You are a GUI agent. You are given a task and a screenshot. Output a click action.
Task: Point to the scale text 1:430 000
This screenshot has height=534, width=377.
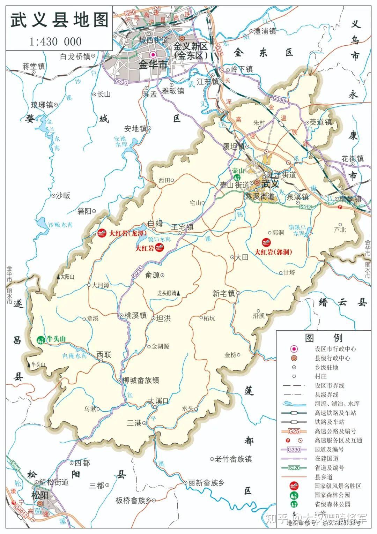click(56, 42)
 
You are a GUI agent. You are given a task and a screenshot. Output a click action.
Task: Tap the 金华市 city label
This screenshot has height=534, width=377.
click(153, 65)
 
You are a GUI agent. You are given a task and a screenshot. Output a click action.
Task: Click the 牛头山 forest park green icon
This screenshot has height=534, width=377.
click(41, 339)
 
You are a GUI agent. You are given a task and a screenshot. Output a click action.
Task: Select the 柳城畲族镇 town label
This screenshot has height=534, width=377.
click(141, 380)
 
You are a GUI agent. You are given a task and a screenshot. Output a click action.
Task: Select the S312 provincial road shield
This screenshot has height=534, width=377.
click(305, 207)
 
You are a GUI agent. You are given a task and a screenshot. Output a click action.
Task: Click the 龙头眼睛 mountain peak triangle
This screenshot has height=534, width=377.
click(179, 294)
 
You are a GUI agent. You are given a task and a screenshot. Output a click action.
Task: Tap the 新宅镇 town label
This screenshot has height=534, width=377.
click(224, 293)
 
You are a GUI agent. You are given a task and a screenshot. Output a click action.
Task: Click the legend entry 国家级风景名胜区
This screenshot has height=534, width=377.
click(338, 486)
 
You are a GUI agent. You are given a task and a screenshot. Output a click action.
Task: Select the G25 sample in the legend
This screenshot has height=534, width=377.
click(294, 431)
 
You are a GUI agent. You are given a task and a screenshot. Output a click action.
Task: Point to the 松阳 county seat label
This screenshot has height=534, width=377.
click(39, 495)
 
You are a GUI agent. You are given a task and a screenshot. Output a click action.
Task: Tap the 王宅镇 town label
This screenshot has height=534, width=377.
click(183, 227)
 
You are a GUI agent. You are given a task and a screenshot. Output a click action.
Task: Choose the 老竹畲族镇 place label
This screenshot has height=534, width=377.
click(233, 459)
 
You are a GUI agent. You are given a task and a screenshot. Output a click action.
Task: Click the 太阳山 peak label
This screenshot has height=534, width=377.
click(67, 277)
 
